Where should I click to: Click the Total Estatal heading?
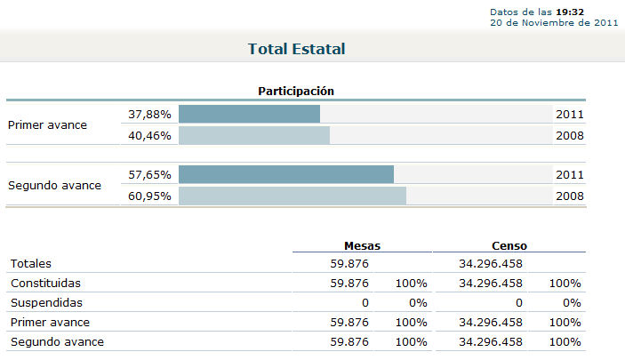(296, 49)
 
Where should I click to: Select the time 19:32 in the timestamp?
(570, 12)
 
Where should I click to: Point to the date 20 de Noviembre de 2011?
(554, 22)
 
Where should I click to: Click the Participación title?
(295, 91)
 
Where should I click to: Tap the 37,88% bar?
(249, 114)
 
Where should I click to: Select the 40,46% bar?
(254, 135)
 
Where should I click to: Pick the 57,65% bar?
(286, 174)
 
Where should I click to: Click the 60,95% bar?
(292, 196)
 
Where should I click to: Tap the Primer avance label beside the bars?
(47, 124)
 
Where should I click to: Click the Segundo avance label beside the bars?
(54, 185)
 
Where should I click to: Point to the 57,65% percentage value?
(149, 174)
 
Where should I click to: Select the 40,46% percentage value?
(149, 135)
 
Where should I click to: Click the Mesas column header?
(362, 244)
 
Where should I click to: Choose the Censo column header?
(509, 244)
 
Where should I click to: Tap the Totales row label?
(31, 263)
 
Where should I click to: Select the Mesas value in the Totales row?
(349, 263)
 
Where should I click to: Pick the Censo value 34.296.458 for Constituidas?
(490, 283)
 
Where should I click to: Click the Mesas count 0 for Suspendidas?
(365, 302)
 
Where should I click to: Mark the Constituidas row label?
(44, 283)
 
